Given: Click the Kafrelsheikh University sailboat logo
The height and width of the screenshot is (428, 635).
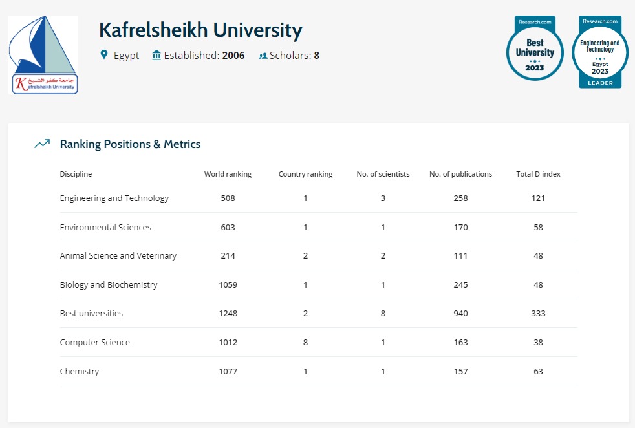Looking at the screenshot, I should (43, 55).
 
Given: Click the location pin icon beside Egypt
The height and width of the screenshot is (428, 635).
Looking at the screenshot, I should (104, 55).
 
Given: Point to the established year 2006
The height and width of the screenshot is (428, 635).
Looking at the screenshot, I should (233, 56).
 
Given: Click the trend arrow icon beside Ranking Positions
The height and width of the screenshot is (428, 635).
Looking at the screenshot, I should (42, 144).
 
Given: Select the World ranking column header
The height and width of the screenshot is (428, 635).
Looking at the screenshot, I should (228, 174).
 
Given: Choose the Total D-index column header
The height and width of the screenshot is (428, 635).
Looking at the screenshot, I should (538, 174).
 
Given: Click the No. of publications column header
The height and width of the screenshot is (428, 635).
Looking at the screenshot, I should (460, 174).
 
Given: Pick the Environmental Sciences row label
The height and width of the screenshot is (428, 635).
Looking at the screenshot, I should (105, 227).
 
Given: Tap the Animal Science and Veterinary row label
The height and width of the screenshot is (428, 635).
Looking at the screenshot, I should (118, 255).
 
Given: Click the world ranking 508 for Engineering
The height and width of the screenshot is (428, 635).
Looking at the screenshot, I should (228, 198).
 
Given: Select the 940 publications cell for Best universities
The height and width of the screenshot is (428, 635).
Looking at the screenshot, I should (460, 313).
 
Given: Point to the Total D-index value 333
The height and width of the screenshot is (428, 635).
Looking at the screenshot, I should (538, 313).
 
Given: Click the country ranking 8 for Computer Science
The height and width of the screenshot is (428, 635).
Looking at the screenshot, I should (305, 342).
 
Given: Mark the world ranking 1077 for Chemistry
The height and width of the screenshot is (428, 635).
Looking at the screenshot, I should (228, 371).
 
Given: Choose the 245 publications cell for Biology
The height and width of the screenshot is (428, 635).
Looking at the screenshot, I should (460, 284).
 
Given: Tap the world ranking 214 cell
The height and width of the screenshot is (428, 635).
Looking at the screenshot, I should (228, 255).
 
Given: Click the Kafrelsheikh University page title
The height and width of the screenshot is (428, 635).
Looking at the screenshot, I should (200, 30).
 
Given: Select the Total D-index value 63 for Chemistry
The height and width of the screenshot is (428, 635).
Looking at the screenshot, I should (538, 371).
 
